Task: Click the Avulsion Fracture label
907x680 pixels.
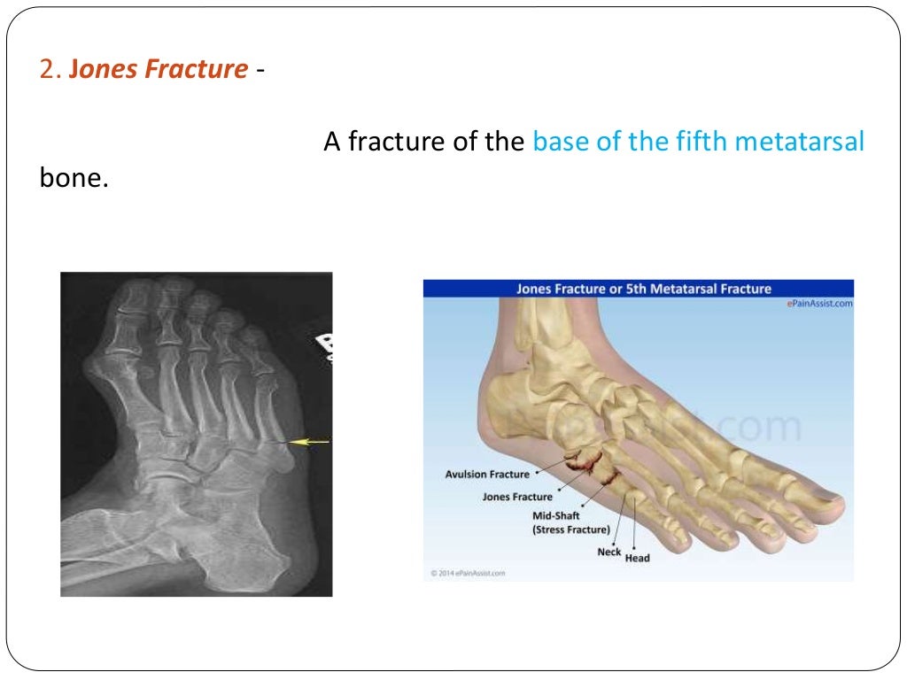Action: coord(486,475)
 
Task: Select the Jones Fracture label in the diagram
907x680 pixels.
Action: coord(516,497)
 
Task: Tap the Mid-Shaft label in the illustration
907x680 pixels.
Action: coord(555,515)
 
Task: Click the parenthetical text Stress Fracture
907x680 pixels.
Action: coord(570,529)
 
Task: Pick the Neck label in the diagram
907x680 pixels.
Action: coord(609,552)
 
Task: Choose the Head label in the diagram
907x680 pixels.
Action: coord(637,558)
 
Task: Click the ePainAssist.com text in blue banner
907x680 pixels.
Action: coord(819,303)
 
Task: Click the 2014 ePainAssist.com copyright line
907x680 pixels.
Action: coord(469,573)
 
